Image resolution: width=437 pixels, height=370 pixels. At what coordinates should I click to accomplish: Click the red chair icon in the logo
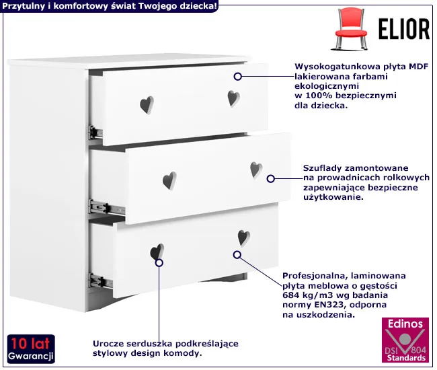click(350, 29)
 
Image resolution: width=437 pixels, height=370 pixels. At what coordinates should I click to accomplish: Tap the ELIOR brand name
click(404, 29)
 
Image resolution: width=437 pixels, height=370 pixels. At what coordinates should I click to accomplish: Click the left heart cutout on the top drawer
click(147, 105)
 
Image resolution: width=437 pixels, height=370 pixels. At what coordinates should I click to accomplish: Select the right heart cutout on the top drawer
click(233, 98)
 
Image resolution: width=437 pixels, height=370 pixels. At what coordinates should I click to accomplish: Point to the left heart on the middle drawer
click(169, 181)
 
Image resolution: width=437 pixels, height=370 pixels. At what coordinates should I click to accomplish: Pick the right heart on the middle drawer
click(256, 170)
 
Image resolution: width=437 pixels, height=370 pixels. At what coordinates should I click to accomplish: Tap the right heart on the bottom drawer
click(244, 238)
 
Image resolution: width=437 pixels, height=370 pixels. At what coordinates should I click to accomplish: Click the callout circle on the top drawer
click(238, 77)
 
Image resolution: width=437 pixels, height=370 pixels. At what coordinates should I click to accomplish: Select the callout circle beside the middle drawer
click(271, 179)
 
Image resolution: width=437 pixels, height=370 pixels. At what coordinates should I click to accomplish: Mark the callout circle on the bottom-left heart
click(159, 262)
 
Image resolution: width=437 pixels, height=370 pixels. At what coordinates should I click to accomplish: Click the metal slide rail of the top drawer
click(95, 132)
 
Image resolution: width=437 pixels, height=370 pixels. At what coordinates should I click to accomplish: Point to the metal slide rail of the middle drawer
click(107, 208)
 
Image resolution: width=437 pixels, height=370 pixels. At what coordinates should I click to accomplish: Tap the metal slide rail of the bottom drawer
click(101, 281)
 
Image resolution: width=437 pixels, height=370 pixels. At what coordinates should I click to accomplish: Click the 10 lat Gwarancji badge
click(31, 349)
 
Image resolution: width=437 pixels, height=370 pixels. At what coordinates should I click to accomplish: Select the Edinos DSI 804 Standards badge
click(405, 340)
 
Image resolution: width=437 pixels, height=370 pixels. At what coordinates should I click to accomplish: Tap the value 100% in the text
click(317, 96)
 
